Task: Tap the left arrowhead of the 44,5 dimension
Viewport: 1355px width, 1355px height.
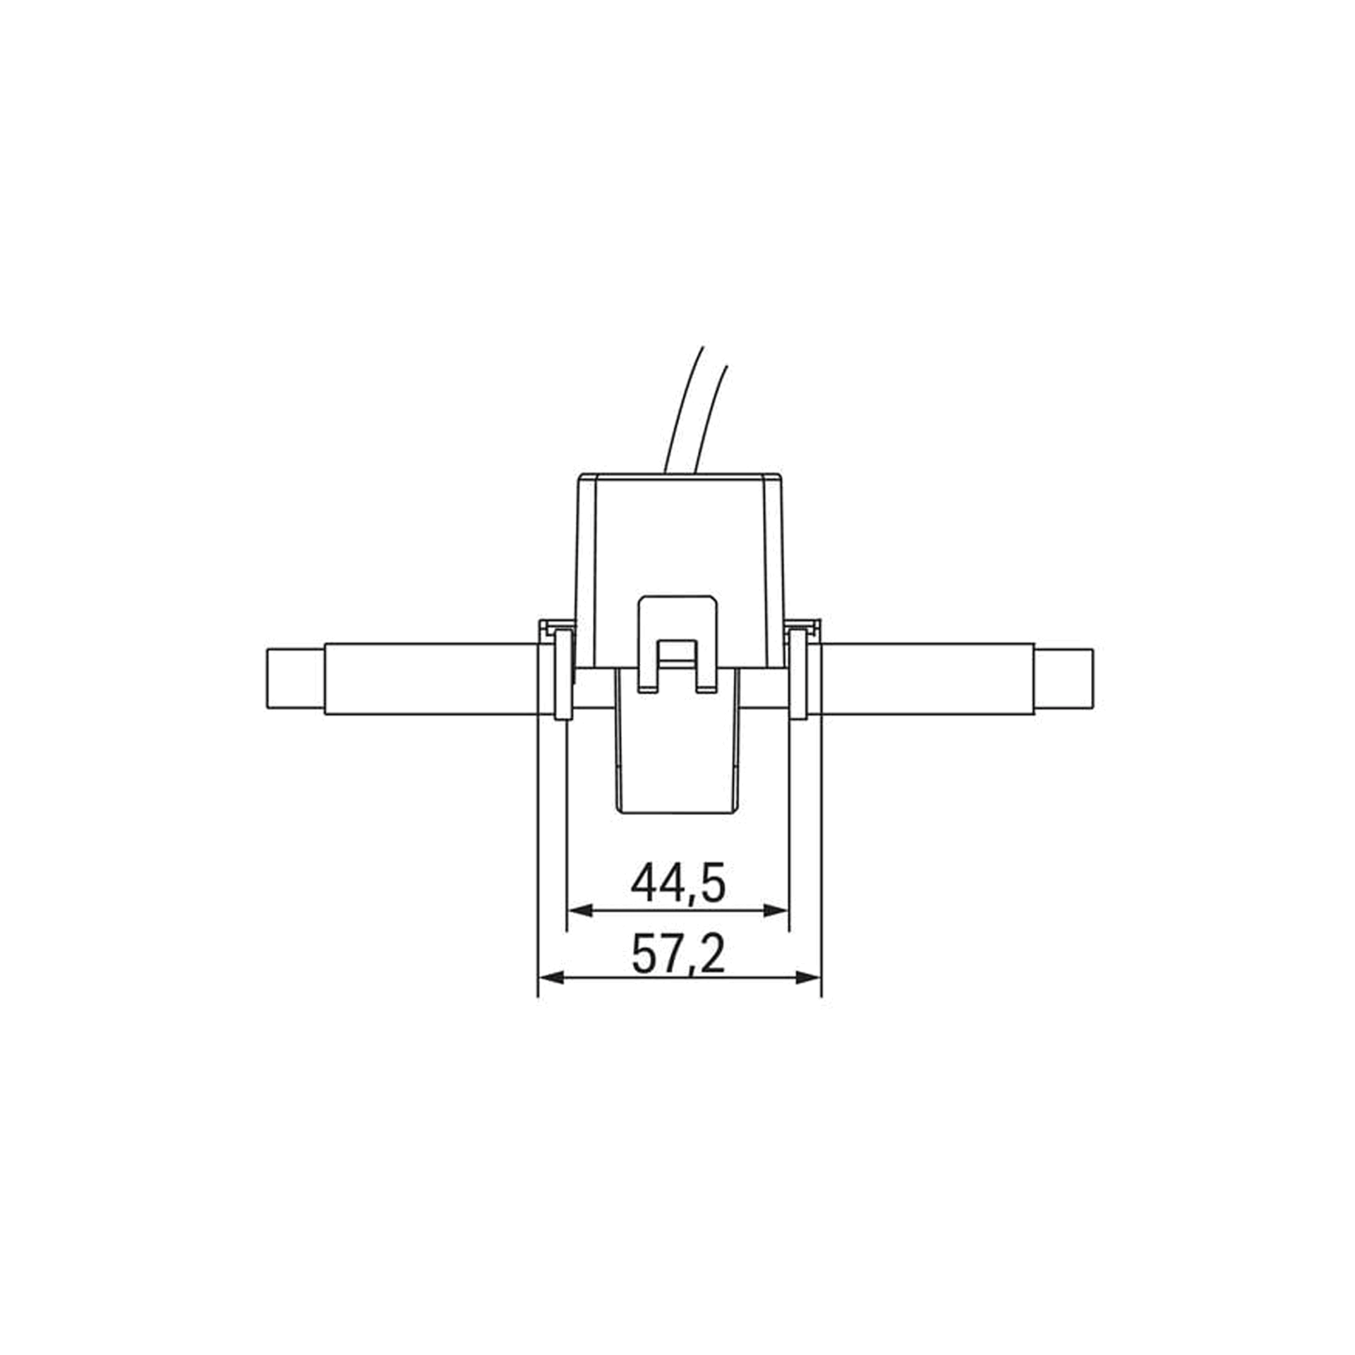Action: point(579,910)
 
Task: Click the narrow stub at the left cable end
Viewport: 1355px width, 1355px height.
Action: point(296,678)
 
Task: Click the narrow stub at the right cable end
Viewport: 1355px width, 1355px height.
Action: point(1064,678)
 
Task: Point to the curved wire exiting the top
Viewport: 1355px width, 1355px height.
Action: point(695,409)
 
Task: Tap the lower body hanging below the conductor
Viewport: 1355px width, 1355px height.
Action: point(677,741)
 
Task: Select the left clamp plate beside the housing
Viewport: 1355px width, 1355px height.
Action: point(562,675)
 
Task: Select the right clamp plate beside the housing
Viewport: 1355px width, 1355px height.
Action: point(797,675)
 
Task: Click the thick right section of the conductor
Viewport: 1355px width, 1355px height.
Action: point(928,678)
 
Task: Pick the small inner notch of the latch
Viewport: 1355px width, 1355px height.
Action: point(677,649)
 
